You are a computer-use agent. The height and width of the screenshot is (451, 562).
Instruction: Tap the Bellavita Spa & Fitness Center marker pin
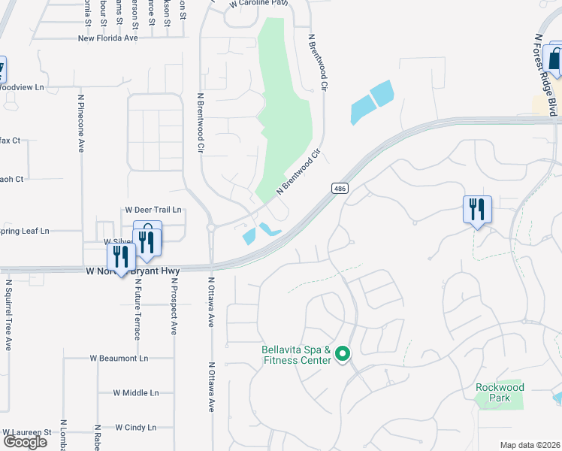(x=343, y=353)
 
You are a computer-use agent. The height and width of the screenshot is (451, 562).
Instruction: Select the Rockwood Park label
(x=500, y=392)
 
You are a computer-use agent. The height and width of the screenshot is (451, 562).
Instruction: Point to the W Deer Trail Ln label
(x=153, y=210)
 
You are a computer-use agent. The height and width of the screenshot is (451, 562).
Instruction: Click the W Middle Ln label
(x=136, y=392)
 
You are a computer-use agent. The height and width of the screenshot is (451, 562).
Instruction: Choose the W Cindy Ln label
(x=135, y=427)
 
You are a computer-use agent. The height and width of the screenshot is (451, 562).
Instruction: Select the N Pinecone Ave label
(x=81, y=123)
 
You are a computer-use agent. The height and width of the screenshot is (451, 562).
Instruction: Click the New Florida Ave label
(x=108, y=38)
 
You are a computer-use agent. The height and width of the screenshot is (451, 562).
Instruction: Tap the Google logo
(x=25, y=441)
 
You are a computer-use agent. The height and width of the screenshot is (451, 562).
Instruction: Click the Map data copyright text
(x=530, y=445)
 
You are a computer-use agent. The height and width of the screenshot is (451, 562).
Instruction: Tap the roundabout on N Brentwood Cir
(x=211, y=227)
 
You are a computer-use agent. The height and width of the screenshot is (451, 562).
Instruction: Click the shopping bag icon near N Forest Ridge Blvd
(x=554, y=59)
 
